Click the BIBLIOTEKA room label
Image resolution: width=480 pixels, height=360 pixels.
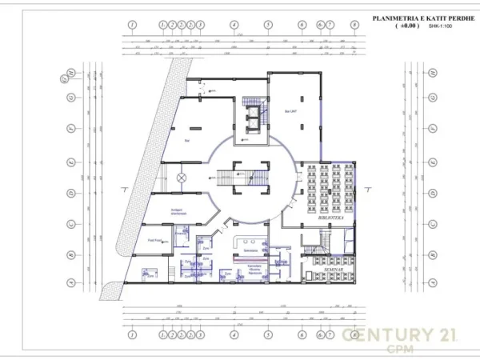(329, 216)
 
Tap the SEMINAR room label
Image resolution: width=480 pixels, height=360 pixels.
(328, 271)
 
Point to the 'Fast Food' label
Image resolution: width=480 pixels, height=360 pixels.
(155, 240)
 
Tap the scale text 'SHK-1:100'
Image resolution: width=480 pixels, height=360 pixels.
(439, 26)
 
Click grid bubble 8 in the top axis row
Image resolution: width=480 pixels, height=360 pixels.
(354, 25)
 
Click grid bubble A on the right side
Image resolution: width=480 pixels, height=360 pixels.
(432, 282)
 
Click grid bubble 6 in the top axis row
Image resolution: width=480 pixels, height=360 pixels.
(302, 25)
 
